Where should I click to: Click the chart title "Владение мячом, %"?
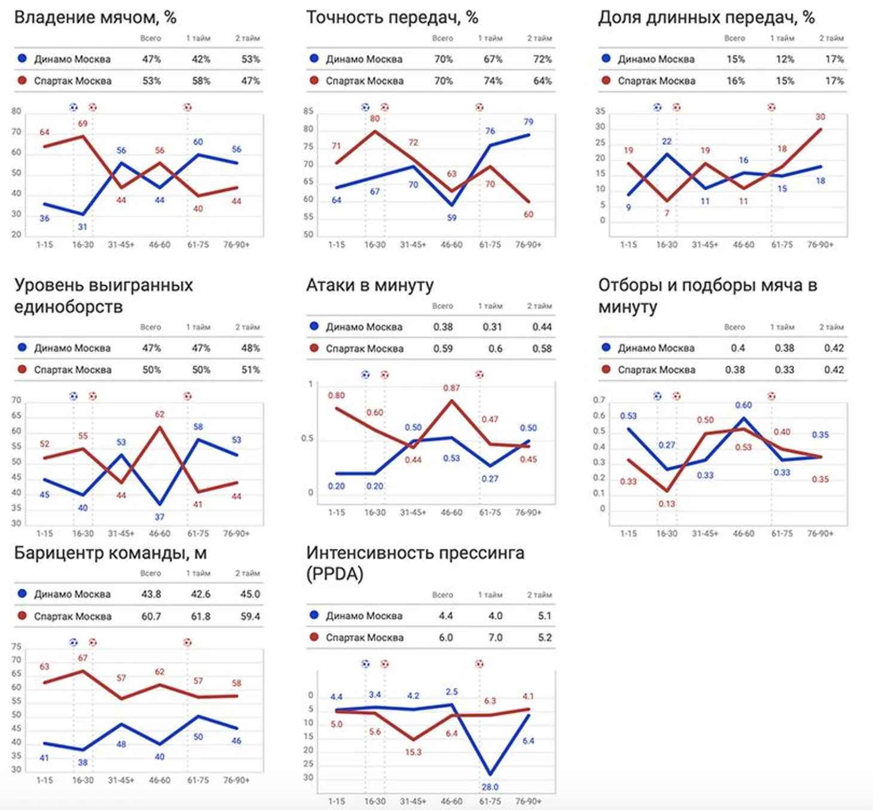pyautogui.click(x=95, y=17)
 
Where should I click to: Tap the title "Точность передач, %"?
pyautogui.click(x=392, y=17)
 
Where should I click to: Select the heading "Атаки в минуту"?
pyautogui.click(x=370, y=285)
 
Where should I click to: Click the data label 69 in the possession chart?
pyautogui.click(x=83, y=124)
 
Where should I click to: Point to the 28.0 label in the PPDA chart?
pyautogui.click(x=490, y=787)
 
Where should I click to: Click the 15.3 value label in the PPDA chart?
pyautogui.click(x=413, y=752)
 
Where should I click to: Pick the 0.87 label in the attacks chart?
pyautogui.click(x=451, y=388)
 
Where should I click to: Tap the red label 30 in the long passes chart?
pyautogui.click(x=820, y=117)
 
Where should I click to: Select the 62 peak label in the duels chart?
pyautogui.click(x=160, y=414)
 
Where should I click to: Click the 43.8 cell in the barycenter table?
pyautogui.click(x=151, y=594)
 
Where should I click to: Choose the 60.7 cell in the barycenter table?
pyautogui.click(x=151, y=616)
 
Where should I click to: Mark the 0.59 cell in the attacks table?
pyautogui.click(x=443, y=349)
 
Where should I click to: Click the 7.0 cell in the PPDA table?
pyautogui.click(x=495, y=638)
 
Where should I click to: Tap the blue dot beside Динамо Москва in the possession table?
pyautogui.click(x=22, y=59)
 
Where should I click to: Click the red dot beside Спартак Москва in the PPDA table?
pyautogui.click(x=314, y=637)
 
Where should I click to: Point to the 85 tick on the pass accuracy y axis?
pyautogui.click(x=308, y=111)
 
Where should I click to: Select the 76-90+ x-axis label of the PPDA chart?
pyautogui.click(x=528, y=801)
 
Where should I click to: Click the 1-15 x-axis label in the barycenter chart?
pyautogui.click(x=45, y=780)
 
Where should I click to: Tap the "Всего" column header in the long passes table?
pyautogui.click(x=734, y=38)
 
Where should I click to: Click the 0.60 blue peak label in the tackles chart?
pyautogui.click(x=743, y=405)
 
